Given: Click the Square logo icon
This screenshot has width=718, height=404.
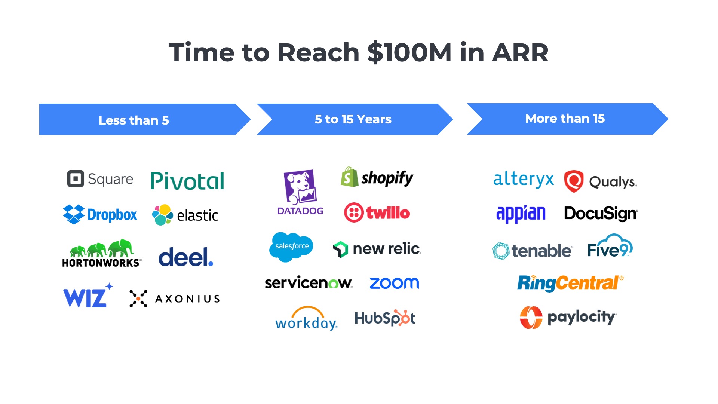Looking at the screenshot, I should [x=76, y=179].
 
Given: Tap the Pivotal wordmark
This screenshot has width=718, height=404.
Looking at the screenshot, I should [x=187, y=181].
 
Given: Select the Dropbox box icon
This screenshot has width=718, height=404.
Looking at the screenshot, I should [x=74, y=214].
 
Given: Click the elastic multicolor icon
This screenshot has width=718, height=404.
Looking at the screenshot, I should [x=162, y=215].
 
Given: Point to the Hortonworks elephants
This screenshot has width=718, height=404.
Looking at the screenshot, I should [x=101, y=248].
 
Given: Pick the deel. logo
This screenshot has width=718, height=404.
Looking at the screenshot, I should [x=186, y=257].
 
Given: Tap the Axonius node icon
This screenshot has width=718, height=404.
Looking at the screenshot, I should [x=138, y=299].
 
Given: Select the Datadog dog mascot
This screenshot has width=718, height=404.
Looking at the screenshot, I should [x=300, y=187].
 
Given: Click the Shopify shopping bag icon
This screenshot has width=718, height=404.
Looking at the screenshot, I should [x=349, y=177].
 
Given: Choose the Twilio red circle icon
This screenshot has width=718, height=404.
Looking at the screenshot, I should [x=354, y=212].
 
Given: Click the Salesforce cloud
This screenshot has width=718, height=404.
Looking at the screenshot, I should [x=291, y=247].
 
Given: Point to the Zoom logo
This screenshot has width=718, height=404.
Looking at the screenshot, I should [x=394, y=283].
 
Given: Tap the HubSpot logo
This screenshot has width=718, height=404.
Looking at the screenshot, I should [x=385, y=318].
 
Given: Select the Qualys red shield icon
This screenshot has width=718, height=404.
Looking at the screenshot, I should [x=574, y=181].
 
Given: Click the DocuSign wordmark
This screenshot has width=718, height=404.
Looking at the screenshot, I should [x=601, y=214].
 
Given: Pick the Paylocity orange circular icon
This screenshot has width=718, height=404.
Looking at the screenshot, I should [x=531, y=318].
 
